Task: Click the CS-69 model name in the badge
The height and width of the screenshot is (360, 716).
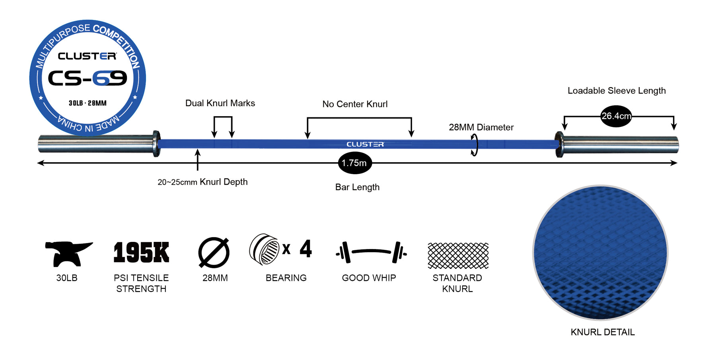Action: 88,78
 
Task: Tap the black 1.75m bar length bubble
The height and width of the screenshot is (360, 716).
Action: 355,163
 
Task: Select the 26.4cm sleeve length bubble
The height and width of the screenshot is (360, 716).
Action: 616,116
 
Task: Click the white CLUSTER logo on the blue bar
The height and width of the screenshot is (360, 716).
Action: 365,144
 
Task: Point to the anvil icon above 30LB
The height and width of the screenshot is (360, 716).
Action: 68,253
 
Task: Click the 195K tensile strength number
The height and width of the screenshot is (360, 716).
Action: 141,253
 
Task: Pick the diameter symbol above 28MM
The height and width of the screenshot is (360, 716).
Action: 214,253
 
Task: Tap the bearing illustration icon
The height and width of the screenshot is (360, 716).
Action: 264,249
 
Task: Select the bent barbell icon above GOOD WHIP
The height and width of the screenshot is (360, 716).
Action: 371,252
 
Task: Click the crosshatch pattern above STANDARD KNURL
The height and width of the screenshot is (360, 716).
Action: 458,256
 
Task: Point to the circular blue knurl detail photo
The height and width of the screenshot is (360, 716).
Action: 600,253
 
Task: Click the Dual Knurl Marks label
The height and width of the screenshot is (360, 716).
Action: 220,103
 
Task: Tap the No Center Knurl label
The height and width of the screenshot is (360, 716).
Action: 355,104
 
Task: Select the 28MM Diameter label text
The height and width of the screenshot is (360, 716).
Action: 481,127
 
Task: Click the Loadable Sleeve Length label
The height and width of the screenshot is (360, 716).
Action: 617,91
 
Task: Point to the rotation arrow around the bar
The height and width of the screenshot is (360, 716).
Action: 475,145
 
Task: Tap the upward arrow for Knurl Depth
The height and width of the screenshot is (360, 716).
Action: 197,160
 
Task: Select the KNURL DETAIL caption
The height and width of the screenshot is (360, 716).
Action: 603,332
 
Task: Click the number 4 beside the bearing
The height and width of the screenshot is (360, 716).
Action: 305,249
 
